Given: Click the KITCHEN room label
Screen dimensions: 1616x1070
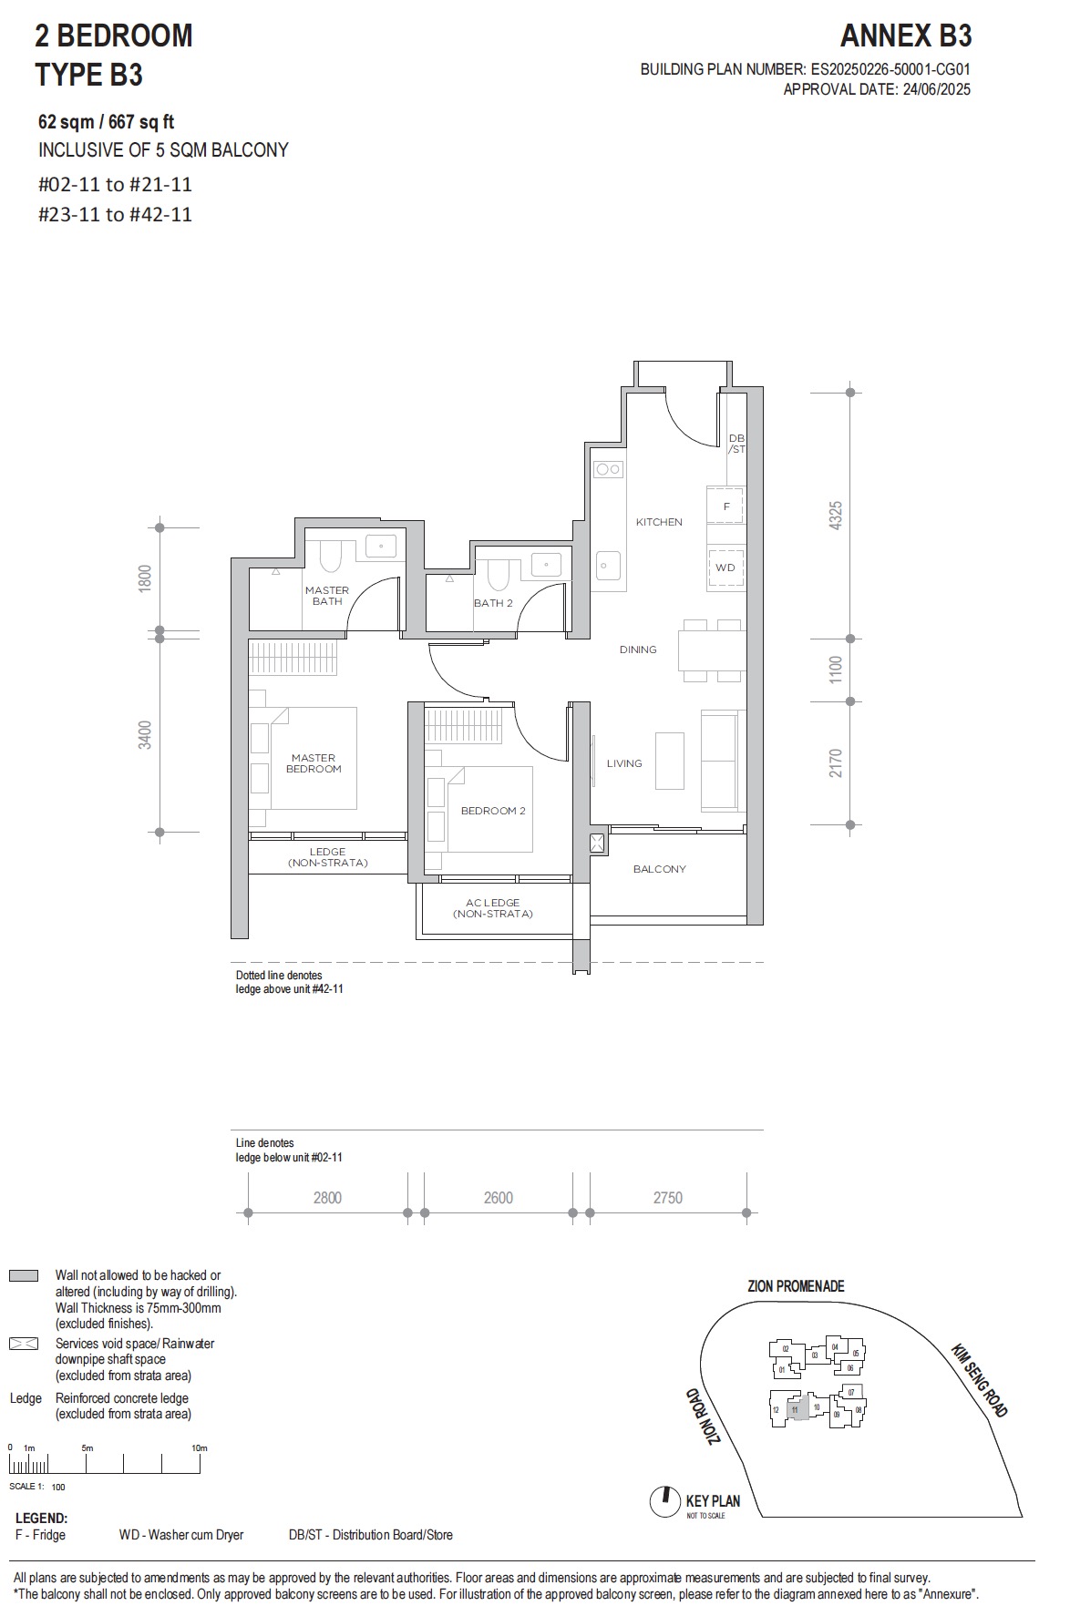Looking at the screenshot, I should click(x=658, y=522).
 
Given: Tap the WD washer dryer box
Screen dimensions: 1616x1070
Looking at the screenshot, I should click(x=725, y=567).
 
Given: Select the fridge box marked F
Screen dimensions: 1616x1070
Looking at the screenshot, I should click(x=725, y=506).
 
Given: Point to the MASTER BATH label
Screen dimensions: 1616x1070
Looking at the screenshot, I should click(x=327, y=596).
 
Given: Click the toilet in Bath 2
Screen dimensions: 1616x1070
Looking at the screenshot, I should click(x=498, y=573).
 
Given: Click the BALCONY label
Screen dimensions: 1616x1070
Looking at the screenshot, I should click(x=659, y=869).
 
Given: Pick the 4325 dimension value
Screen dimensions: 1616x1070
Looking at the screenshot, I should click(x=835, y=516).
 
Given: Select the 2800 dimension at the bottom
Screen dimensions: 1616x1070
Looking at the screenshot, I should click(x=327, y=1198).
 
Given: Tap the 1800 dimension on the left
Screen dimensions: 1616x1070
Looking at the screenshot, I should click(x=145, y=578).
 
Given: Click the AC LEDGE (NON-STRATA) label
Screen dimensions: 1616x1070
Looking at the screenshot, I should click(x=492, y=908).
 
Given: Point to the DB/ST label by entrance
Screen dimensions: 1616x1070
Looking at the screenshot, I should click(x=736, y=444).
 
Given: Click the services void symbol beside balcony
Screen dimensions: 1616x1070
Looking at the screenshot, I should click(x=598, y=843).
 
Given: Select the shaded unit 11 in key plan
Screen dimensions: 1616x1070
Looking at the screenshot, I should click(x=795, y=1409).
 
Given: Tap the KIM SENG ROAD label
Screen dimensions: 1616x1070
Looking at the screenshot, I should click(x=979, y=1380).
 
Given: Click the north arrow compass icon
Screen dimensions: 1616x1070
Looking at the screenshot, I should click(x=665, y=1501).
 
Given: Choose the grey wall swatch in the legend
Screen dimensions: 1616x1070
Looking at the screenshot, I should click(x=24, y=1276).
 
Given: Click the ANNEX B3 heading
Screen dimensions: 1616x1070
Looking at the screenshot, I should click(x=905, y=36).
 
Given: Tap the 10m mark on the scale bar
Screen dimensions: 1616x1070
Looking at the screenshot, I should click(x=200, y=1448).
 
